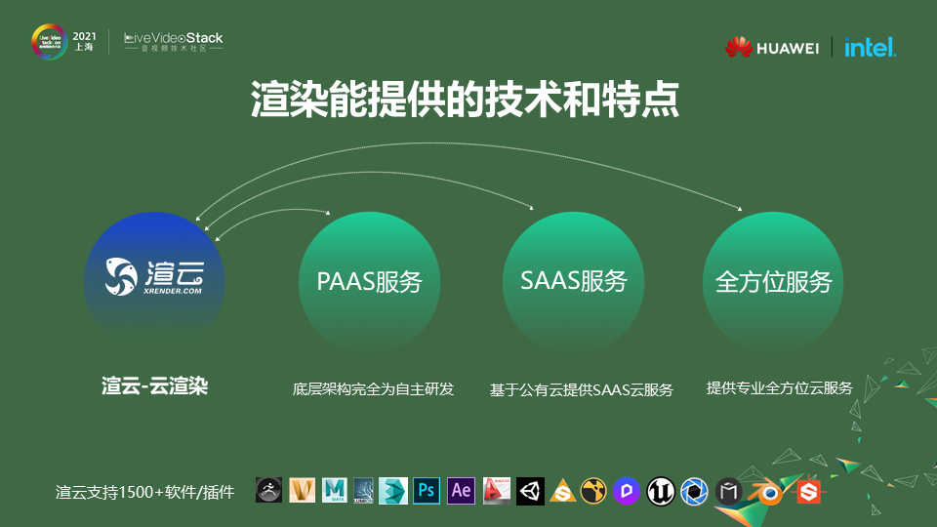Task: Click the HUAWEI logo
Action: (x=771, y=47)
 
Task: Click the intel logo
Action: (x=870, y=47)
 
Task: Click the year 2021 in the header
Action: (x=85, y=35)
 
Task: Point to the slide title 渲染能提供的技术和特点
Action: (x=465, y=101)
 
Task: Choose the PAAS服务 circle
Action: (x=369, y=282)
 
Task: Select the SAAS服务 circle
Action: (x=573, y=282)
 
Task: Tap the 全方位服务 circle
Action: (x=773, y=282)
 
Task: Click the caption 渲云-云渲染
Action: (x=154, y=386)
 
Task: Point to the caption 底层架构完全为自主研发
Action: (x=373, y=388)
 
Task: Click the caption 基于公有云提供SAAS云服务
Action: (x=581, y=389)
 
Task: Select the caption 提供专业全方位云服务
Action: (x=779, y=387)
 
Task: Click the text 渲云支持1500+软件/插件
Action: (x=144, y=492)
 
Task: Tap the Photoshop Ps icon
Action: (x=426, y=490)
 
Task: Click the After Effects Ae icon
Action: (x=461, y=490)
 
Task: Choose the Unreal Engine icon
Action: (x=661, y=491)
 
